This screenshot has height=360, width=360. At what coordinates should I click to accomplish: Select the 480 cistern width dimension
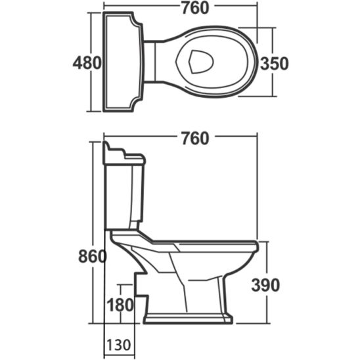coord(87,63)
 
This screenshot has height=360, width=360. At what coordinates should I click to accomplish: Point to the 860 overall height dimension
coord(91,257)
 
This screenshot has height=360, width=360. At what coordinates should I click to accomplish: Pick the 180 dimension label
coord(120,305)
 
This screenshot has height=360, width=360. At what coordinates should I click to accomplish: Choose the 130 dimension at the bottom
coord(118,344)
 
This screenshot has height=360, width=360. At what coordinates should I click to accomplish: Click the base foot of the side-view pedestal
coord(187,320)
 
